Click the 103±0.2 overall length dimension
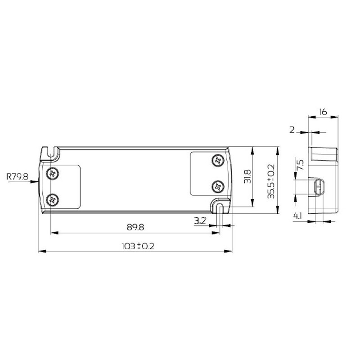click(135, 246)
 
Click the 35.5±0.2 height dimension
click(270, 181)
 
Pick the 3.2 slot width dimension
click(200, 220)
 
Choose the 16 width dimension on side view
click(323, 111)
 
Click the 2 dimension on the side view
click(292, 130)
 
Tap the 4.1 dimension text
click(297, 216)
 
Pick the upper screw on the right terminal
click(218, 160)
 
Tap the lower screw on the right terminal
click(218, 185)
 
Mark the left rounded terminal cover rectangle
click(63, 186)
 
